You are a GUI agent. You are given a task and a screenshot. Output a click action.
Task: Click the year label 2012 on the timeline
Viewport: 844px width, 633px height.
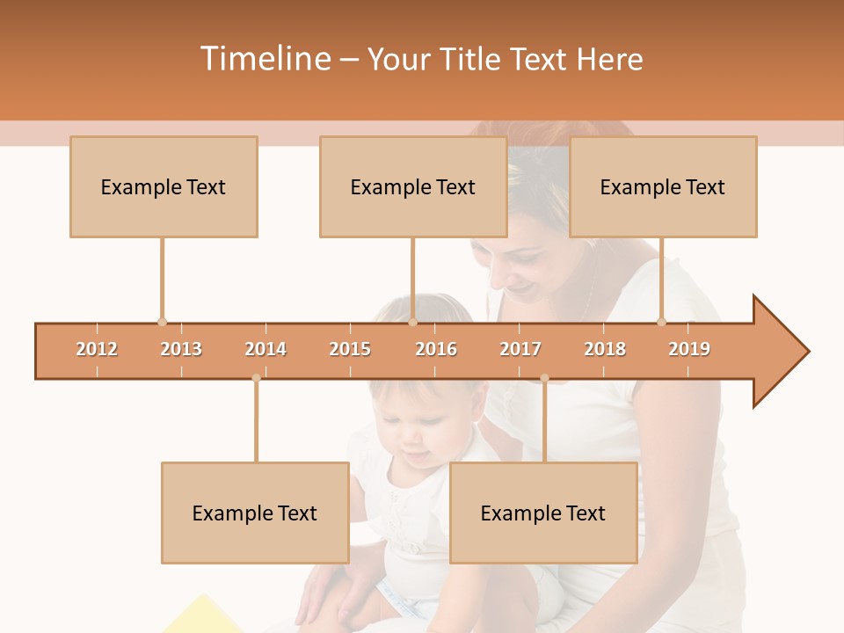(97, 349)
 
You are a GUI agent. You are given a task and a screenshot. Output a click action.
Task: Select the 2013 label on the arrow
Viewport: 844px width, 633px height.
(181, 349)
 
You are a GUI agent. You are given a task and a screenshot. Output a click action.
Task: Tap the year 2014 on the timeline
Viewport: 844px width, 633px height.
(266, 349)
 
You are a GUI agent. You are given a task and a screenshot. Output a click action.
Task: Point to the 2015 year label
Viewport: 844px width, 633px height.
(350, 349)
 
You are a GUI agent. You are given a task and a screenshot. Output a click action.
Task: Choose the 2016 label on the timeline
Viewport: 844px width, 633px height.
(436, 349)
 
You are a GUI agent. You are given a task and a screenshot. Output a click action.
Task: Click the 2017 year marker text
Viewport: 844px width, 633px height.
(520, 349)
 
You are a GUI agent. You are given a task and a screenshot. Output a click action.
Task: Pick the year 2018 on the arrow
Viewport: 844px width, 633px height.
(605, 349)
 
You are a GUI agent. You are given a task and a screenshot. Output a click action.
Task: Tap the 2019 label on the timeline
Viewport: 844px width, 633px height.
(689, 349)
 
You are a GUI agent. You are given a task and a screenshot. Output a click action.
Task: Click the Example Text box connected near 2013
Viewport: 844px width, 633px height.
(164, 186)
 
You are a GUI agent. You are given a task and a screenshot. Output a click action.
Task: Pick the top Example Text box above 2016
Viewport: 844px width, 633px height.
(413, 186)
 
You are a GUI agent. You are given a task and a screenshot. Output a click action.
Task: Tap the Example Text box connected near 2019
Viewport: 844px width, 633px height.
(663, 186)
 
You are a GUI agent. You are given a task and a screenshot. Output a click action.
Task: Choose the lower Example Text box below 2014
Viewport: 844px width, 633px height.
(255, 513)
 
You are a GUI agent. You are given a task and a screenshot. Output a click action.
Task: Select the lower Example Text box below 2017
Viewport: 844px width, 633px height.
(543, 513)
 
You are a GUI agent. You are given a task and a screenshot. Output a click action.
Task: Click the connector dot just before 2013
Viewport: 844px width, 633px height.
(162, 322)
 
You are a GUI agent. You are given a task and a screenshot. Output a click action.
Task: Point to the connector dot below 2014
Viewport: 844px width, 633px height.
(256, 378)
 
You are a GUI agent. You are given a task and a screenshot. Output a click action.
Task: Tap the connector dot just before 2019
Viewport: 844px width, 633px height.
(662, 322)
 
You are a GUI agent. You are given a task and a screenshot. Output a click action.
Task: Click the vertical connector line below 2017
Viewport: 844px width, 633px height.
(544, 422)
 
